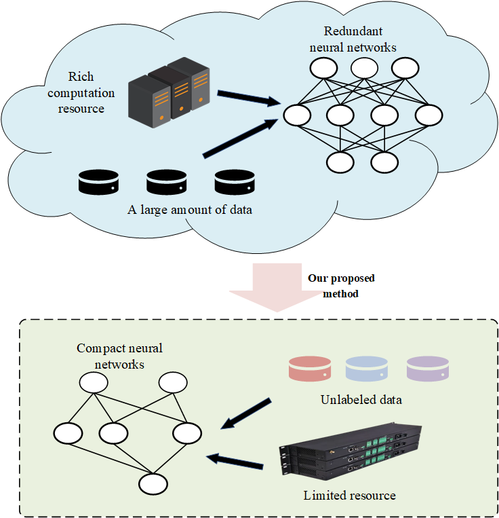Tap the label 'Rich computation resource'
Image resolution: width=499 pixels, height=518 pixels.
92,92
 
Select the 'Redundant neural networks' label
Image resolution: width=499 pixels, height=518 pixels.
353,39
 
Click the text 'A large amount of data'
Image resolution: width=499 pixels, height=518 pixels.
190,210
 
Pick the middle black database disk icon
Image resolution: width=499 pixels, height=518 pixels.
166,182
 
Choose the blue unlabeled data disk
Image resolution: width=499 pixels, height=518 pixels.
367,369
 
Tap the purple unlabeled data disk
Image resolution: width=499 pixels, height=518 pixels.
427,369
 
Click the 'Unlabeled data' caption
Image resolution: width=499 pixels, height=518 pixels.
361,400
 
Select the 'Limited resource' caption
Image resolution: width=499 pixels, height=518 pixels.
349,496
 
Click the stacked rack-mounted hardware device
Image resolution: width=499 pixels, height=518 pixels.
351,452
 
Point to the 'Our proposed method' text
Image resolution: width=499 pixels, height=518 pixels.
341,286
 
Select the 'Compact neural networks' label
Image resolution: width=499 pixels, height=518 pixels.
119,356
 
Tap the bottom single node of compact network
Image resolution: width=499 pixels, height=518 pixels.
153,484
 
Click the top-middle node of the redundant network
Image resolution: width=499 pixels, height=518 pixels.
364,68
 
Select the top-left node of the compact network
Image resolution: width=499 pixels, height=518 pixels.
93,383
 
